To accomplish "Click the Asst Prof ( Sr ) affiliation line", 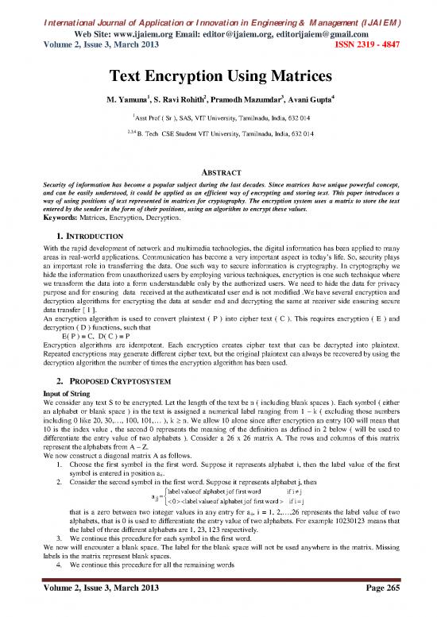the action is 218,117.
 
